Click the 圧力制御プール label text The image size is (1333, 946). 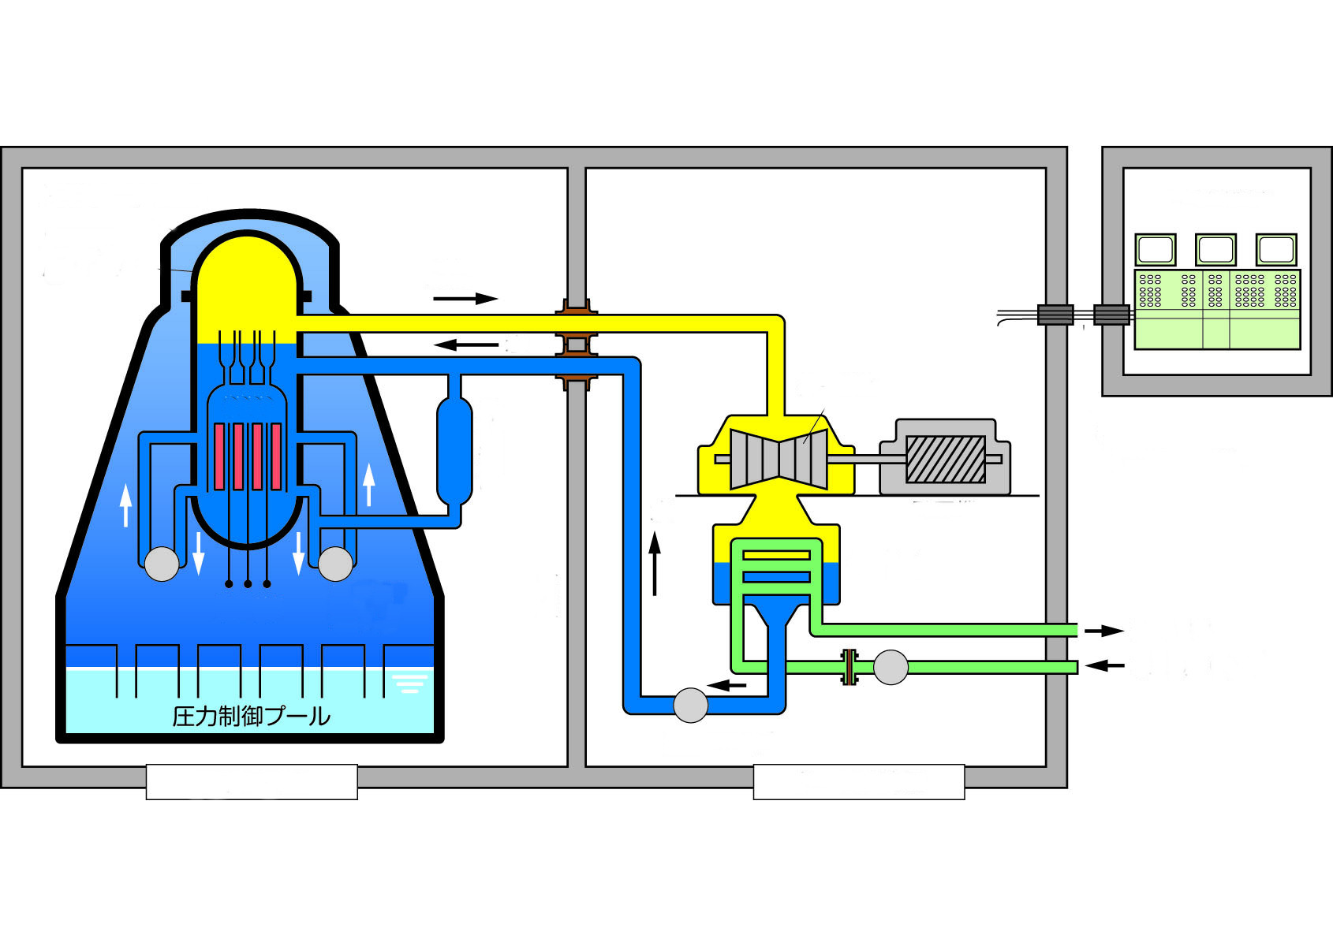(x=251, y=716)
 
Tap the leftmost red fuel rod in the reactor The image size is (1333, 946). (x=219, y=456)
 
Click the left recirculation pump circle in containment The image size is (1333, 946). (x=162, y=564)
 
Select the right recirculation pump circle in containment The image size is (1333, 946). (x=335, y=564)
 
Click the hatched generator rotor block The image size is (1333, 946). (x=945, y=459)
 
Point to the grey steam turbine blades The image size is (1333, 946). (x=779, y=459)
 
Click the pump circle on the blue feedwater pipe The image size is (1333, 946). (x=690, y=705)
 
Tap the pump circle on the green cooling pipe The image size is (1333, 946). (x=891, y=667)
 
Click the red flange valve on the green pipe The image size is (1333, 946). (x=849, y=667)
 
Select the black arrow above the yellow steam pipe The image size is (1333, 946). (x=465, y=299)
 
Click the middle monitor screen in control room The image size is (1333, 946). (x=1215, y=250)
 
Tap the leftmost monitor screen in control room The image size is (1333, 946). (x=1156, y=250)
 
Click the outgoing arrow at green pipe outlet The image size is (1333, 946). (x=1103, y=631)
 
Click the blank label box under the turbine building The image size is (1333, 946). (x=858, y=782)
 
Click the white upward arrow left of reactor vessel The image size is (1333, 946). (x=125, y=505)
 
